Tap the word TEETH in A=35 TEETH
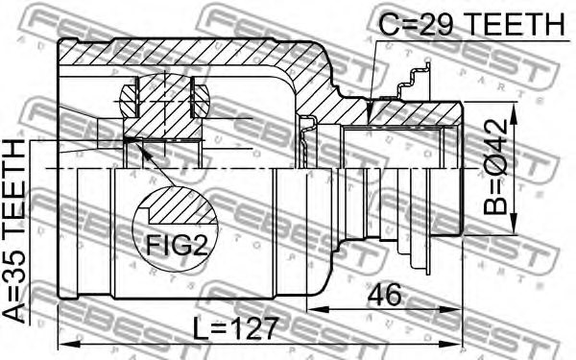coord(16,186)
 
